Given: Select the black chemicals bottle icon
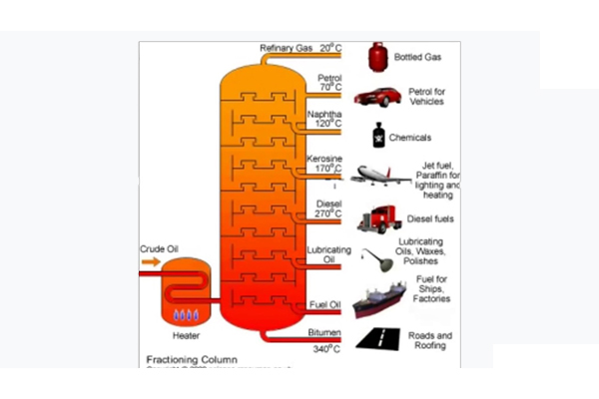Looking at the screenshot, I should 378,137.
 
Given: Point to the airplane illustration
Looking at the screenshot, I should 376,178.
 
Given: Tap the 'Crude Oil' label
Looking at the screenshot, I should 159,247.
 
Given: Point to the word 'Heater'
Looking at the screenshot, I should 187,336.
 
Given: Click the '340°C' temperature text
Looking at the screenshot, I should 326,349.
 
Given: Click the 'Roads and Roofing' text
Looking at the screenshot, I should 430,341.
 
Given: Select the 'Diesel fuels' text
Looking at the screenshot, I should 433,217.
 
